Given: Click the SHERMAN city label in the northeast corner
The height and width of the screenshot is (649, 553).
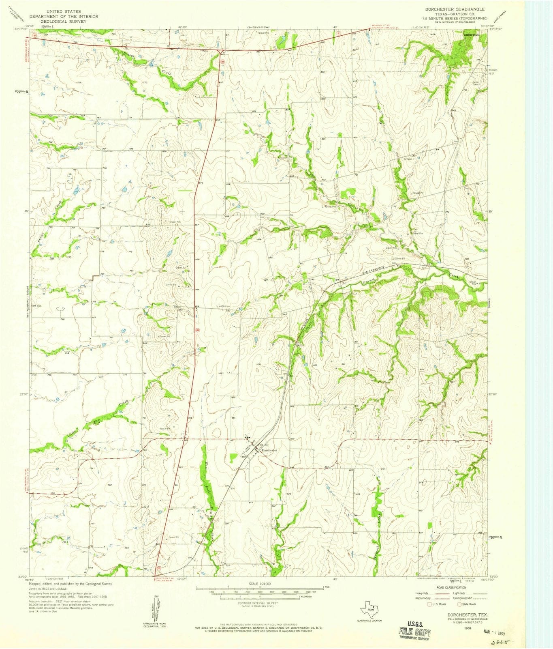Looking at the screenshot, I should click(472, 35).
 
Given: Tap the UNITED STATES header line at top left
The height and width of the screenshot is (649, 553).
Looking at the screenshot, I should click(63, 11).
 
